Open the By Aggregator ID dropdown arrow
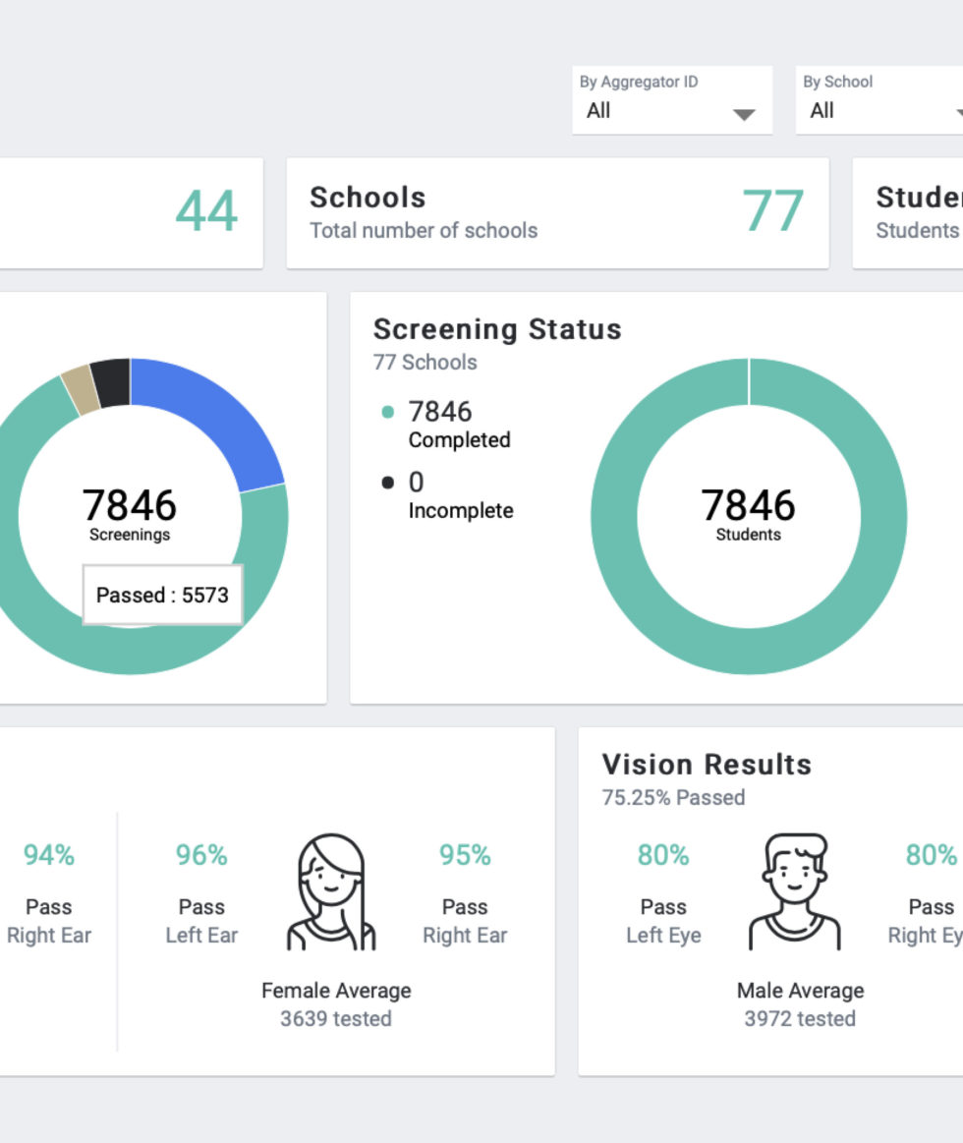pyautogui.click(x=744, y=115)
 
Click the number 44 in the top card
pyautogui.click(x=206, y=211)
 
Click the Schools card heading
pyautogui.click(x=368, y=198)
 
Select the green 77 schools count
pyautogui.click(x=772, y=211)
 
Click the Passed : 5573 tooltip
pyautogui.click(x=162, y=595)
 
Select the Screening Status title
pyautogui.click(x=497, y=329)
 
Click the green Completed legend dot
pyautogui.click(x=388, y=412)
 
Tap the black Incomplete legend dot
pyautogui.click(x=388, y=483)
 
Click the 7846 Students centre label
pyautogui.click(x=748, y=514)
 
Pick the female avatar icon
pyautogui.click(x=332, y=892)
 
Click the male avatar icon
pyautogui.click(x=795, y=892)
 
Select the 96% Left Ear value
pyautogui.click(x=201, y=856)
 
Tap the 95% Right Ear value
pyautogui.click(x=465, y=856)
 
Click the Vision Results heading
pyautogui.click(x=707, y=765)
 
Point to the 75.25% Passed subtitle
pyautogui.click(x=673, y=797)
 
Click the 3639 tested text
pyautogui.click(x=336, y=1018)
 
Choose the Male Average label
pyautogui.click(x=800, y=991)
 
